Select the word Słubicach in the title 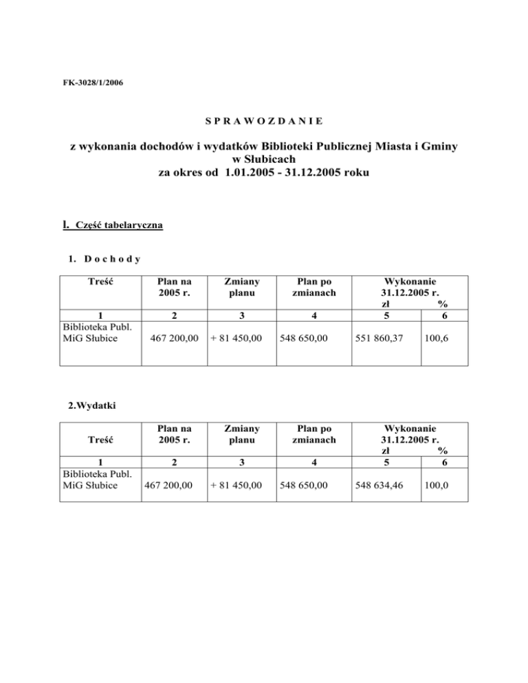[x=264, y=161]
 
